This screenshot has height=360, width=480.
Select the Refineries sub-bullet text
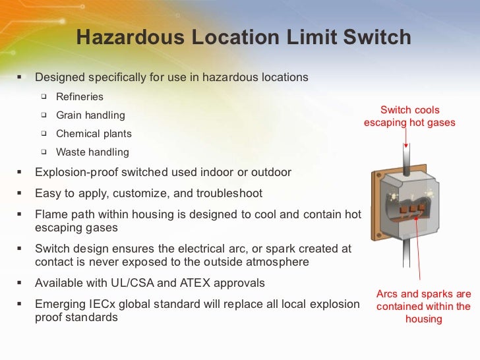tap(80, 97)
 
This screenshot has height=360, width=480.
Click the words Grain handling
tap(90, 115)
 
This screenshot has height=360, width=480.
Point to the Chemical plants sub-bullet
tap(94, 134)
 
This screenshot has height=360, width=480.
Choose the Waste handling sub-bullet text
tap(92, 152)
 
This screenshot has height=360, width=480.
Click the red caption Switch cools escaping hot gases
tap(409, 117)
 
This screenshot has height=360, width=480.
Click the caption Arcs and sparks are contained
tap(423, 307)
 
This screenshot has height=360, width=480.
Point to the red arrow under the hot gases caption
tap(406, 138)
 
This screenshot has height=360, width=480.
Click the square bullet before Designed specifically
tap(19, 78)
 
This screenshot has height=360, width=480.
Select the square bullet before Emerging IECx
tap(19, 305)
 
